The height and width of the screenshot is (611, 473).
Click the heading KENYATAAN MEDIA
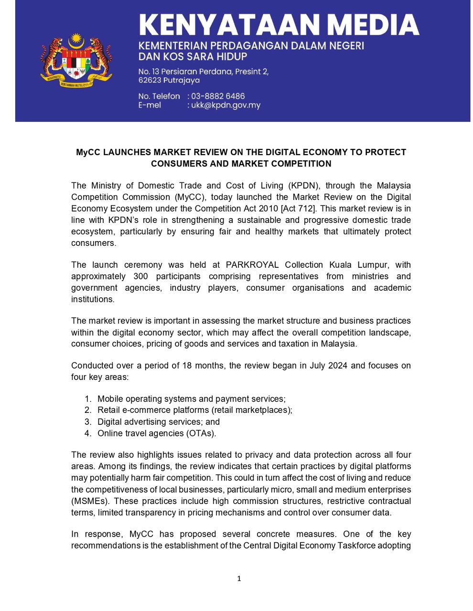(x=279, y=25)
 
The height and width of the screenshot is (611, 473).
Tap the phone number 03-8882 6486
(x=218, y=96)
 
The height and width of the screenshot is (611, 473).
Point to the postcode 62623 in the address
(x=150, y=80)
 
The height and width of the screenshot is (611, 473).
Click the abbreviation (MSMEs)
(x=90, y=501)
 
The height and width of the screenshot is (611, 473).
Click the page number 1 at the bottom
(x=239, y=579)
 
